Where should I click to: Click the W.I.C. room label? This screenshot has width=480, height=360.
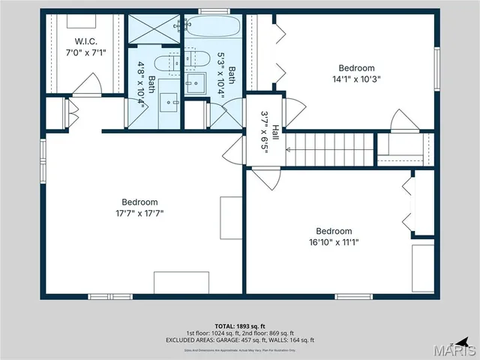pyautogui.click(x=82, y=40)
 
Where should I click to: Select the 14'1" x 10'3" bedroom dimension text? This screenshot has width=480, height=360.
pyautogui.click(x=356, y=79)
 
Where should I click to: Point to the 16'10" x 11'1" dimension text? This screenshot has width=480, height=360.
pyautogui.click(x=334, y=242)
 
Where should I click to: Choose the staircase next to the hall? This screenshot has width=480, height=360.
pyautogui.click(x=331, y=149)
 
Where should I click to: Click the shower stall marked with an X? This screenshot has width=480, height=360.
pyautogui.click(x=154, y=28)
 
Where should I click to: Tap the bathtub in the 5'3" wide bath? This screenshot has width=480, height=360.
pyautogui.click(x=211, y=26)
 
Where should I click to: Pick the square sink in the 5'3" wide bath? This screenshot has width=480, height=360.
pyautogui.click(x=196, y=83)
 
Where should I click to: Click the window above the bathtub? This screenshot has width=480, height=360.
pyautogui.click(x=213, y=11)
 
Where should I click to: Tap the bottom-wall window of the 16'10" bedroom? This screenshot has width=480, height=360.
pyautogui.click(x=353, y=296)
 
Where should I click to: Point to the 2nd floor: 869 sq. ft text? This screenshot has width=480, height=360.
pyautogui.click(x=267, y=333)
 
